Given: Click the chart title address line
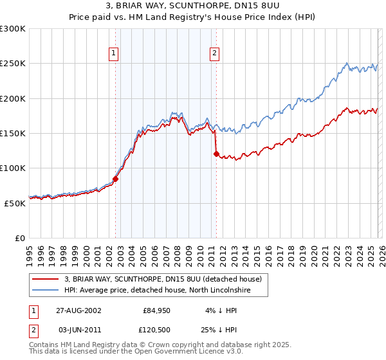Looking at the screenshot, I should tap(193, 6).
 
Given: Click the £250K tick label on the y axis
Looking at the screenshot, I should tap(13, 64).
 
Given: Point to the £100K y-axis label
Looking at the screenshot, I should tap(13, 168).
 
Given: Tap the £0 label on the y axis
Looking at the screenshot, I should tap(21, 238).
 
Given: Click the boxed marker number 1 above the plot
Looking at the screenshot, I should tap(113, 54).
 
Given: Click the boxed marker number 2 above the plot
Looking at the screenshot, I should tap(214, 54).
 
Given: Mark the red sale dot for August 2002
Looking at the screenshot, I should tap(116, 179).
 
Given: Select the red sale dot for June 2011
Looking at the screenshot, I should tap(216, 154).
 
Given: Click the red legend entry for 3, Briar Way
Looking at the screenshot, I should tap(163, 280).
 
